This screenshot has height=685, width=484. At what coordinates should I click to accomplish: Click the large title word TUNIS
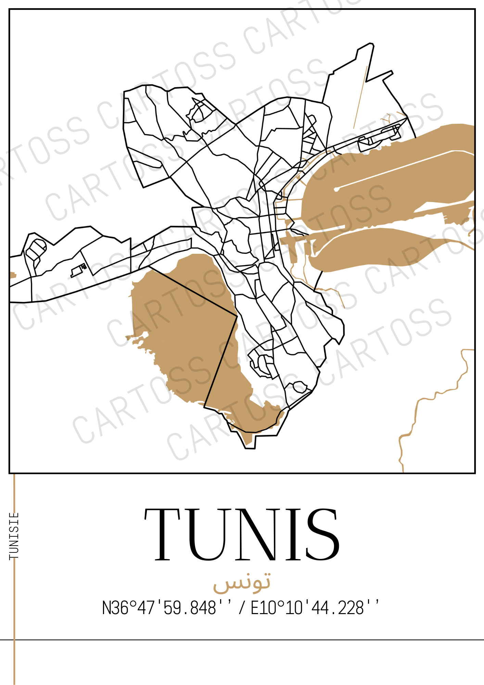click(x=242, y=535)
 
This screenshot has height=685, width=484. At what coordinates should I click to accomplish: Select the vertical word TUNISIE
click(x=14, y=536)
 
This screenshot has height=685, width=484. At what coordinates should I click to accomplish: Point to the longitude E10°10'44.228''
click(x=315, y=608)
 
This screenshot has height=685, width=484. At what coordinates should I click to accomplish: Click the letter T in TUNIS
click(x=162, y=535)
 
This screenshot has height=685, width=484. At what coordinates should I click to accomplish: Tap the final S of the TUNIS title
click(x=322, y=535)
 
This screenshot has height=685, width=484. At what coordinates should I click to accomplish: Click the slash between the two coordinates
click(x=242, y=608)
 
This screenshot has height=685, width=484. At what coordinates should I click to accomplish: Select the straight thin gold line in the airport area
click(x=360, y=98)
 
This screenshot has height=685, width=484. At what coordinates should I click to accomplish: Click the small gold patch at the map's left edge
click(x=13, y=275)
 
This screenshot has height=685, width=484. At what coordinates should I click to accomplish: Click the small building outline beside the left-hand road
click(x=77, y=271)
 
